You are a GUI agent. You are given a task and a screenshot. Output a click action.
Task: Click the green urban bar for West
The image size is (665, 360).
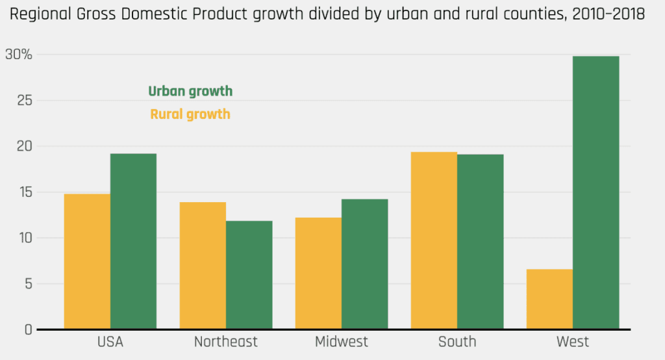tap(596, 192)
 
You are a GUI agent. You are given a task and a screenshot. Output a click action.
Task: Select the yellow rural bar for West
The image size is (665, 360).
tap(549, 299)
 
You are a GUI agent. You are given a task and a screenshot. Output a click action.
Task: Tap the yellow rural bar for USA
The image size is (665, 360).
tap(87, 261)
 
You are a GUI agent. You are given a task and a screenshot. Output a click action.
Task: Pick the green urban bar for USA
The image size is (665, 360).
tap(133, 241)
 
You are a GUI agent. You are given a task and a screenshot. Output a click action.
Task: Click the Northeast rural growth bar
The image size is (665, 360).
tap(203, 265)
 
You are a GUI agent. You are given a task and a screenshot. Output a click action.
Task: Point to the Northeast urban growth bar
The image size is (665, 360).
tap(249, 275)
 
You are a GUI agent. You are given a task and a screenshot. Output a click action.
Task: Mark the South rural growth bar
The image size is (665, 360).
tap(434, 240)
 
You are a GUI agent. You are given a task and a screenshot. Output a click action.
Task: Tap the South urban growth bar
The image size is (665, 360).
tap(480, 242)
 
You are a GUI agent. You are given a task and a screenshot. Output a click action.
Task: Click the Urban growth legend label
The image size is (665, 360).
tap(190, 92)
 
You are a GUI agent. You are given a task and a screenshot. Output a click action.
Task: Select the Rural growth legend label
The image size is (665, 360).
tap(190, 114)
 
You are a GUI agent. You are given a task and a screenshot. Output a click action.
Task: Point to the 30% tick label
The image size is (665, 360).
tap(18, 55)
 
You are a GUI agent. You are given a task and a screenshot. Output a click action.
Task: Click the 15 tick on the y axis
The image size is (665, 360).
tap(23, 192)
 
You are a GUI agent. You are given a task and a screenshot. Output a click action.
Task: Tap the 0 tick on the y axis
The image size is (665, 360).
tap(28, 329)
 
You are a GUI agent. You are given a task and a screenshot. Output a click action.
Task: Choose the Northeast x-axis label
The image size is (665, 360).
tap(226, 342)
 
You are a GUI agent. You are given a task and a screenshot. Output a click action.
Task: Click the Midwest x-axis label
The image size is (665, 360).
tap(342, 342)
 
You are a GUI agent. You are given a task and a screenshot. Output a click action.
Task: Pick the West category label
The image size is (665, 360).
tap(573, 342)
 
